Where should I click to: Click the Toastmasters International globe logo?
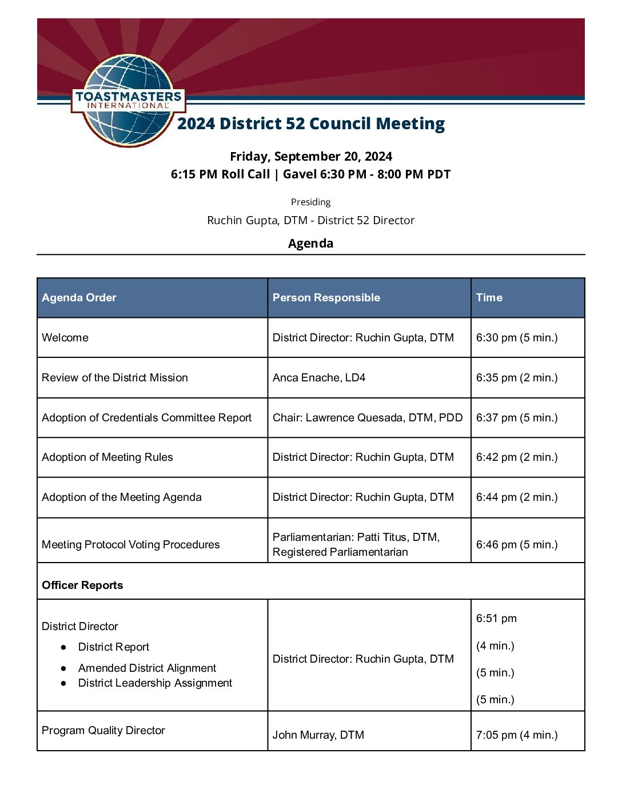click(x=128, y=100)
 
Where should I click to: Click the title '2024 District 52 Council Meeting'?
click(x=310, y=123)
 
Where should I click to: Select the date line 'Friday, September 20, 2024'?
click(x=310, y=157)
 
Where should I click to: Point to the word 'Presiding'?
click(x=310, y=202)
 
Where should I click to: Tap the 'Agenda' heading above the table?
click(x=310, y=243)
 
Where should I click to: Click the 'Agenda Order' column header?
click(x=79, y=297)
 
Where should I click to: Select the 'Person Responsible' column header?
click(x=326, y=297)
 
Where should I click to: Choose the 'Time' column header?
click(x=489, y=297)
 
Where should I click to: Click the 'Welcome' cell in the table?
click(x=65, y=337)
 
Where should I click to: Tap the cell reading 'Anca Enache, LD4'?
click(x=319, y=377)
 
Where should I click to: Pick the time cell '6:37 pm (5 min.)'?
click(x=516, y=417)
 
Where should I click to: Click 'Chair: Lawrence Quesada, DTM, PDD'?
click(x=367, y=417)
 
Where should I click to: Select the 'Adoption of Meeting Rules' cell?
click(x=107, y=457)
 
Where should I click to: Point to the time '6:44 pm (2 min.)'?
click(x=516, y=497)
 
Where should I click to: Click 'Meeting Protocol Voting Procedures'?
click(x=130, y=544)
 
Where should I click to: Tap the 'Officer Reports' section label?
click(x=82, y=585)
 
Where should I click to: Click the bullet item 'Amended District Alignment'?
click(x=147, y=668)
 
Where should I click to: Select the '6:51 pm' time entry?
click(x=496, y=618)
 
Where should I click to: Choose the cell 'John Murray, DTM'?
click(x=318, y=735)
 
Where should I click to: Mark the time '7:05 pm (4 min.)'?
click(x=516, y=735)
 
